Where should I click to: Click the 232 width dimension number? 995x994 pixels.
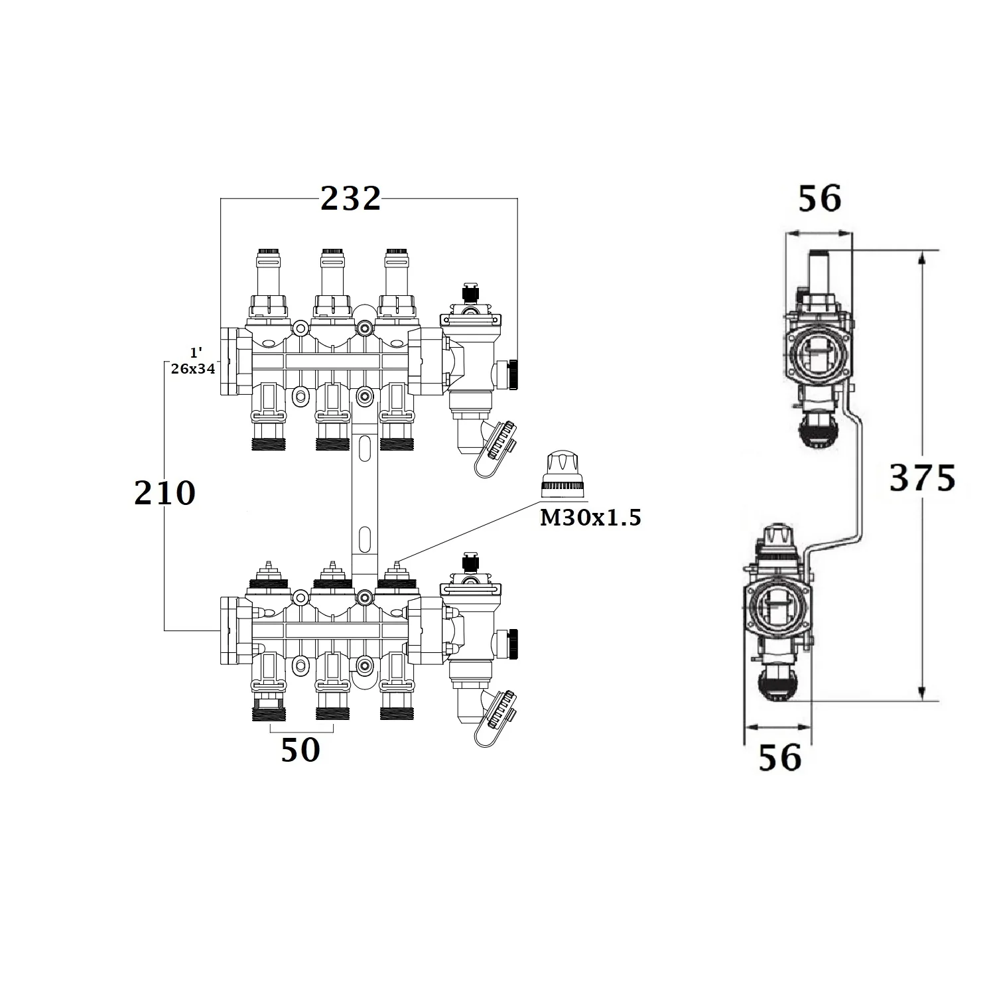(351, 198)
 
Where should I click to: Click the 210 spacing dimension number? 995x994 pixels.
(165, 493)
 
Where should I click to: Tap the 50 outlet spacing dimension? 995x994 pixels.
(300, 750)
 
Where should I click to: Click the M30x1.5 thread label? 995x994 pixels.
(590, 518)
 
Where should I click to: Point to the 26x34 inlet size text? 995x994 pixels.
(193, 369)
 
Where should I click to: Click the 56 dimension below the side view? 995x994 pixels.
(780, 757)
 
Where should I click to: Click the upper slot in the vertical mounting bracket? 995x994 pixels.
(364, 448)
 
